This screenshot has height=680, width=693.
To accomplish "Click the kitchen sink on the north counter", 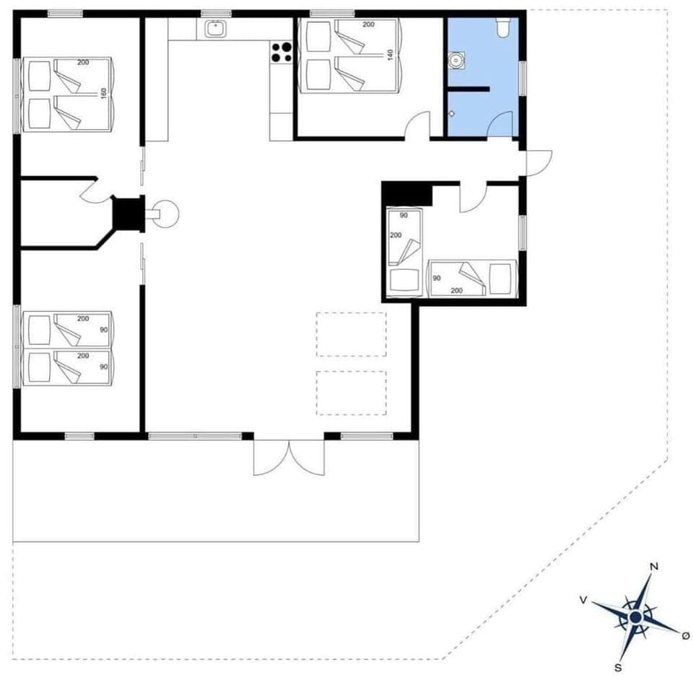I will pyautogui.click(x=215, y=28).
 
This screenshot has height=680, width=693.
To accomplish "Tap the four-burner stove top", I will pyautogui.click(x=282, y=53).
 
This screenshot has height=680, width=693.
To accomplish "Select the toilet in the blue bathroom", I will pyautogui.click(x=503, y=27).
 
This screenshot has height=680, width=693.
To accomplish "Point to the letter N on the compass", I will pyautogui.click(x=654, y=567).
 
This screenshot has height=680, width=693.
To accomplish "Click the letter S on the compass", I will pyautogui.click(x=618, y=666).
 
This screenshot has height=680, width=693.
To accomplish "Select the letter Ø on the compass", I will pyautogui.click(x=685, y=635).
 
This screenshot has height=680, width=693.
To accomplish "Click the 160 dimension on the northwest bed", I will pyautogui.click(x=103, y=95).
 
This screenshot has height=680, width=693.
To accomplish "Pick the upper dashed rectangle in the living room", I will pyautogui.click(x=351, y=334).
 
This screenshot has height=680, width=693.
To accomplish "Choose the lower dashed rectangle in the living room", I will pyautogui.click(x=351, y=393).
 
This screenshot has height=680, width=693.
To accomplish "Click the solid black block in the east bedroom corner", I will pyautogui.click(x=406, y=193).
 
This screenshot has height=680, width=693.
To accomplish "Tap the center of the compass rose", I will pyautogui.click(x=635, y=617).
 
